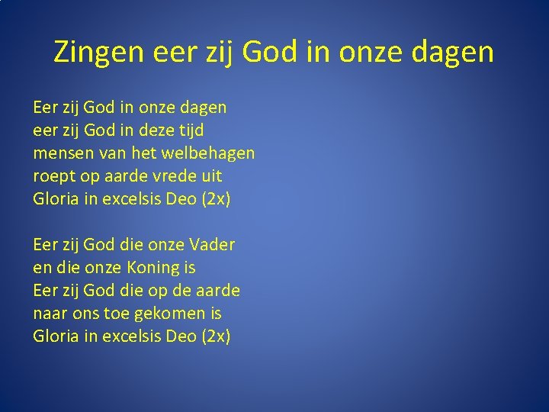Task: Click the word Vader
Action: pos(211,245)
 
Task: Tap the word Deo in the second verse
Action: pos(181,336)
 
